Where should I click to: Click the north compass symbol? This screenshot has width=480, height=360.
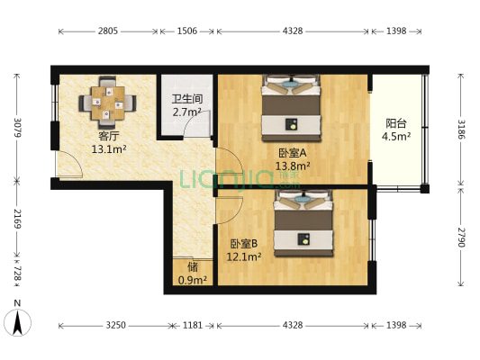(17, 319)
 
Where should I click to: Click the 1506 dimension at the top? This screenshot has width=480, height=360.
(187, 31)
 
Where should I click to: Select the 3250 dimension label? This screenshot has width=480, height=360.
(115, 325)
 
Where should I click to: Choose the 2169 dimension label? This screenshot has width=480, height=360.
(16, 220)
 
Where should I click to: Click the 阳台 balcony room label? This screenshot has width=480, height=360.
(396, 124)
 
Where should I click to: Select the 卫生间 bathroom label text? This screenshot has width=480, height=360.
(186, 99)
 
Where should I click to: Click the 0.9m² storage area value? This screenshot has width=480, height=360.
(192, 280)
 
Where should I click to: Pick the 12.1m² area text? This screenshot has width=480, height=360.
(245, 256)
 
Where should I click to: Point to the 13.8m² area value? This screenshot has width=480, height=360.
(294, 166)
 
